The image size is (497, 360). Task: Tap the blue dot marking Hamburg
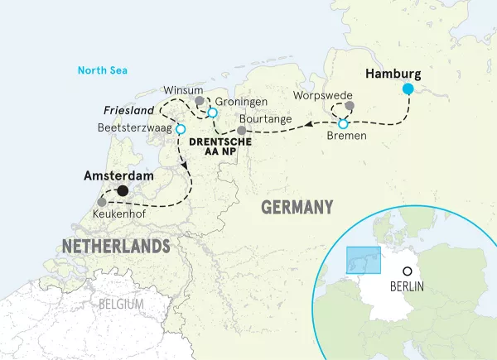tap(408, 89)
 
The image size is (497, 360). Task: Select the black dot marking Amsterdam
tap(123, 191)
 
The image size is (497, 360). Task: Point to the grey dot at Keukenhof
tap(102, 202)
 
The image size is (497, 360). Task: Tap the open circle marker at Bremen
tap(344, 123)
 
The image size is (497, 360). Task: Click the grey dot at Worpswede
tap(350, 106)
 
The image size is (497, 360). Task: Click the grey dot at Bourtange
tap(241, 130)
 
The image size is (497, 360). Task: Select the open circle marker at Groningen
tap(212, 113)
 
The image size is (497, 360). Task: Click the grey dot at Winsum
tap(199, 101)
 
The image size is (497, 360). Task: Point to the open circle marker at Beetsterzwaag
tap(180, 129)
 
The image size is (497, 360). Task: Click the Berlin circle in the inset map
tap(407, 271)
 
